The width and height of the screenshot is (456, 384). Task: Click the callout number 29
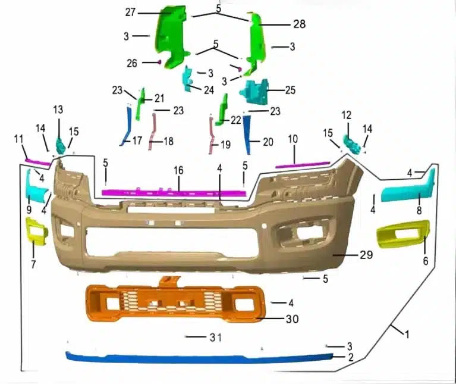(x=366, y=255)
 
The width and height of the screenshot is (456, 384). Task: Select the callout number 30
(x=293, y=319)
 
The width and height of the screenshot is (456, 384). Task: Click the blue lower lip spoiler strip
(x=200, y=358)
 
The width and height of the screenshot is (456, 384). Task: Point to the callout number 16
(x=178, y=170)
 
